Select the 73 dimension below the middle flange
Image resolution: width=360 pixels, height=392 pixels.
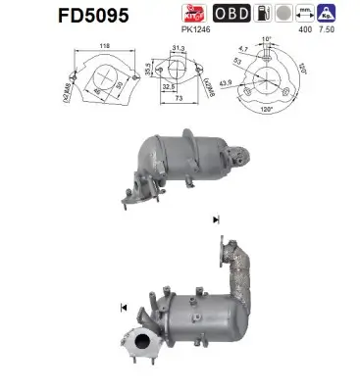click(179, 101)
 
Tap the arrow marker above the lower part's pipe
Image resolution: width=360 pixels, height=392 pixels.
click(215, 220)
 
